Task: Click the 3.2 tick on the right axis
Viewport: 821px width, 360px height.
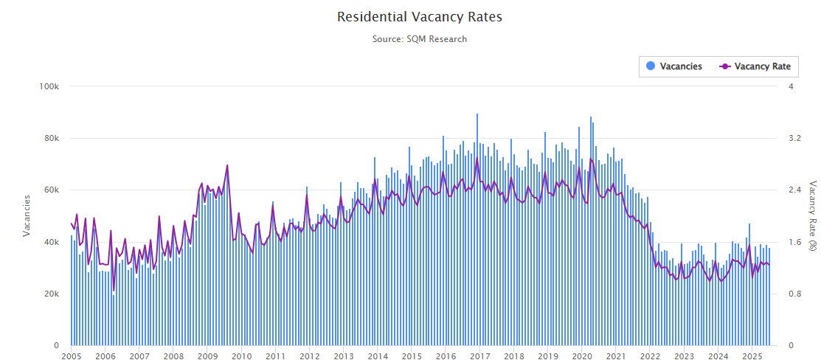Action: click(794, 138)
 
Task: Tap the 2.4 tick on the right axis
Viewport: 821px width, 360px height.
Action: click(794, 190)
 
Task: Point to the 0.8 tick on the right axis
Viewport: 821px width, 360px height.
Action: click(794, 294)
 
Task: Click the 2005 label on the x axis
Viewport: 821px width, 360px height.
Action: click(72, 356)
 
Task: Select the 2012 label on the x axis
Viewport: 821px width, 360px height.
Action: click(309, 356)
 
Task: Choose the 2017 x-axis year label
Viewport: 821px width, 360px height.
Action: click(479, 356)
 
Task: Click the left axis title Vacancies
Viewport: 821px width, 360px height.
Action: click(27, 215)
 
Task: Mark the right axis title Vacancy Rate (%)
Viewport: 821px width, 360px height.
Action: click(812, 215)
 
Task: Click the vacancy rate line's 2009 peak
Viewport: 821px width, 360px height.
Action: click(227, 165)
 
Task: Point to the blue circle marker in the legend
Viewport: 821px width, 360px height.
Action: click(651, 66)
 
